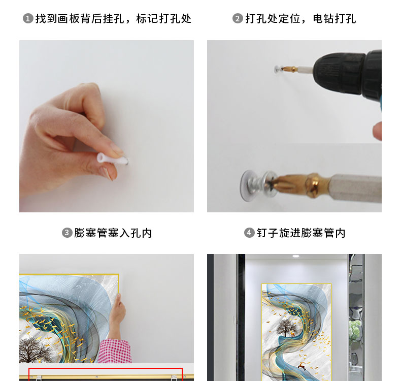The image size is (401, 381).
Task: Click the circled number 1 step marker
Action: (28, 19)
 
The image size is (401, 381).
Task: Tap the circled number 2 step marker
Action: (238, 19)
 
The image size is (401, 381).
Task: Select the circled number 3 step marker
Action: (67, 233)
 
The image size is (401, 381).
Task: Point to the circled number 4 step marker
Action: (249, 233)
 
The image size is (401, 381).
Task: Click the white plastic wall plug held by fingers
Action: (112, 158)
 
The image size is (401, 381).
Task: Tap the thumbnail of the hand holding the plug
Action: (107, 126)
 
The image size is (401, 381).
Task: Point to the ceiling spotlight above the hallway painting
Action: (295, 256)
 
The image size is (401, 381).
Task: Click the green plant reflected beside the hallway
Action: (355, 330)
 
